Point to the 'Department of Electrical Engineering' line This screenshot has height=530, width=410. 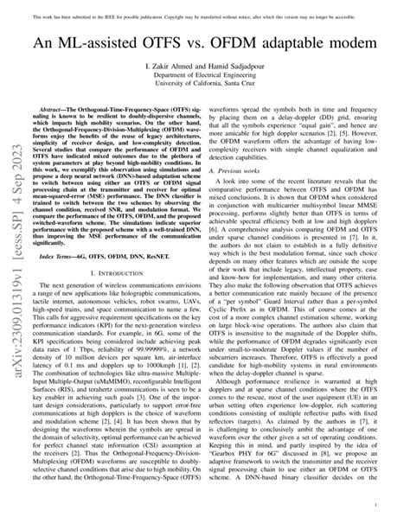point(205,75)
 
